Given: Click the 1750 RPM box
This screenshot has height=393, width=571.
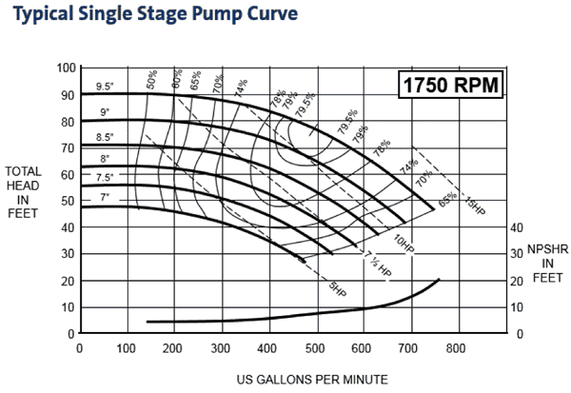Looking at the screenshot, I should click(x=448, y=85).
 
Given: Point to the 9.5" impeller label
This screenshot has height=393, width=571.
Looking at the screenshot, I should click(x=105, y=87).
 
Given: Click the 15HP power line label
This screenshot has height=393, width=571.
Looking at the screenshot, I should click(x=473, y=203).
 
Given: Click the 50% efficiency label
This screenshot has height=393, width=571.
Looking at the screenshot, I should click(x=151, y=80).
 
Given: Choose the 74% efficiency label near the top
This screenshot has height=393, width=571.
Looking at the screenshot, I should click(x=241, y=88).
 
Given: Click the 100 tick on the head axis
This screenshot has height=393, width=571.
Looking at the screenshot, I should click(x=65, y=68).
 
